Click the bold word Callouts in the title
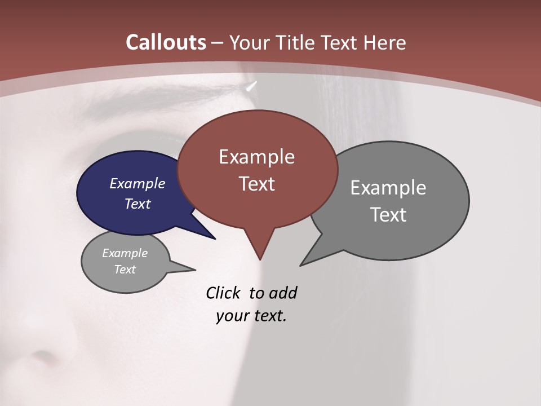(x=166, y=42)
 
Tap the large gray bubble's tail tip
(x=301, y=264)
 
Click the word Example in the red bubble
(x=256, y=157)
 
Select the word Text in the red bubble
(x=256, y=184)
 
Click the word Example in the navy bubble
(x=137, y=183)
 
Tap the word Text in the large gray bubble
(x=388, y=215)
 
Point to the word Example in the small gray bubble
(x=125, y=253)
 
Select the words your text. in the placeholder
(x=251, y=316)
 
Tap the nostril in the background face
(x=42, y=356)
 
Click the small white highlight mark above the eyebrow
(x=251, y=86)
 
